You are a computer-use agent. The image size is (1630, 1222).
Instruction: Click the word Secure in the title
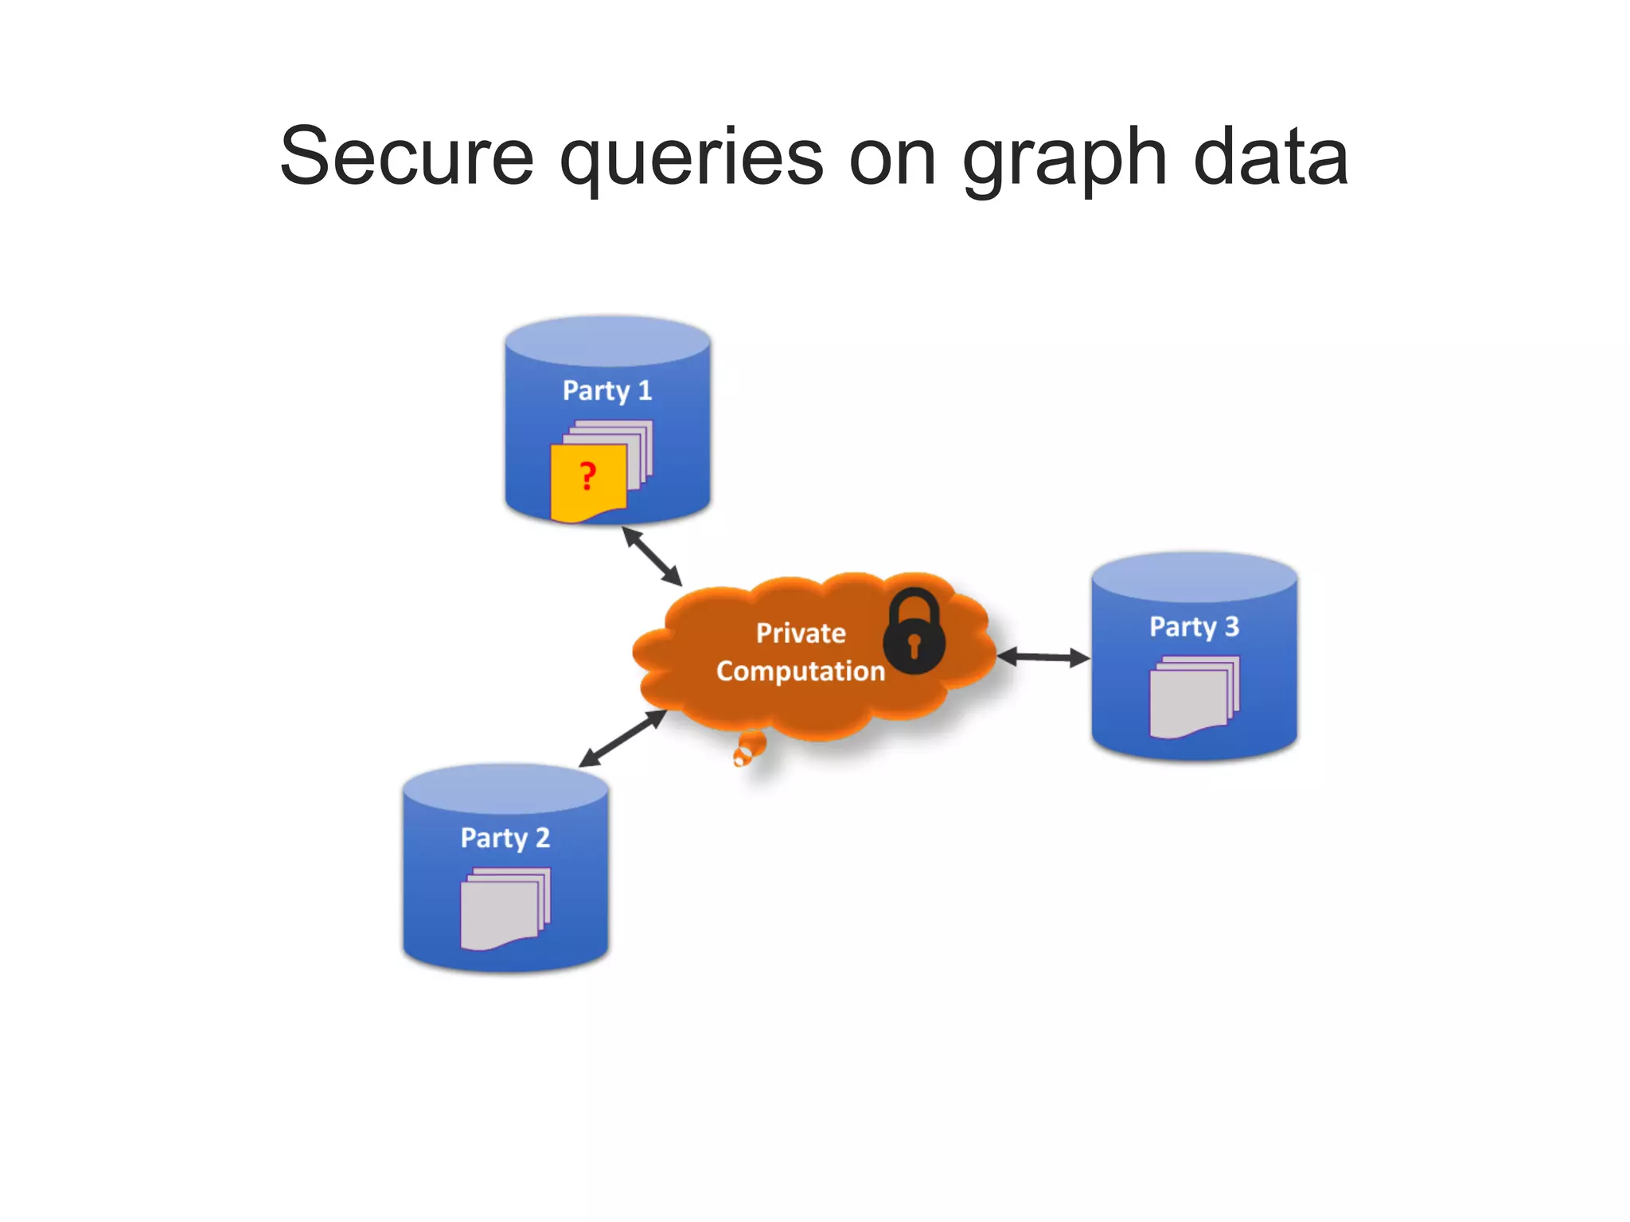(x=407, y=157)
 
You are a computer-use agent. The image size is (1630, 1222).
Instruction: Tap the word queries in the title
(x=691, y=159)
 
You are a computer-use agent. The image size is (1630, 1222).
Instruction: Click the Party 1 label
(x=607, y=391)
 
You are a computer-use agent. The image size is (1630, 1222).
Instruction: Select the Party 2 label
(x=505, y=838)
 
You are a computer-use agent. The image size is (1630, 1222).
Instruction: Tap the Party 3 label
(x=1194, y=627)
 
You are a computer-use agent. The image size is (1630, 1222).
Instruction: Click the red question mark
(x=588, y=477)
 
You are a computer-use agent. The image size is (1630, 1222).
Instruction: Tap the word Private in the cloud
(x=801, y=633)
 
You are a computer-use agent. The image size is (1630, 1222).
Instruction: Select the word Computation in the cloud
(x=801, y=671)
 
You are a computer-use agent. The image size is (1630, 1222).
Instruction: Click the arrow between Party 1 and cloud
(x=652, y=556)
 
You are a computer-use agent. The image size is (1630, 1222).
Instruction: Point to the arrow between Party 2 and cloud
(x=622, y=738)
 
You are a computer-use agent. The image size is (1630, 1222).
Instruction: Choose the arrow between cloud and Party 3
(x=1043, y=657)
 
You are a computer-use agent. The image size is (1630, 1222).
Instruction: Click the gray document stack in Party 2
(x=505, y=909)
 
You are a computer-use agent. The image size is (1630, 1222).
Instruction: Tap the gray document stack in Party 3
(x=1194, y=697)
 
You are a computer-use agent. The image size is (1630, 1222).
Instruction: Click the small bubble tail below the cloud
(x=748, y=749)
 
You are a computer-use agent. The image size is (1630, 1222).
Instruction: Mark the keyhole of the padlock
(x=914, y=644)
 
